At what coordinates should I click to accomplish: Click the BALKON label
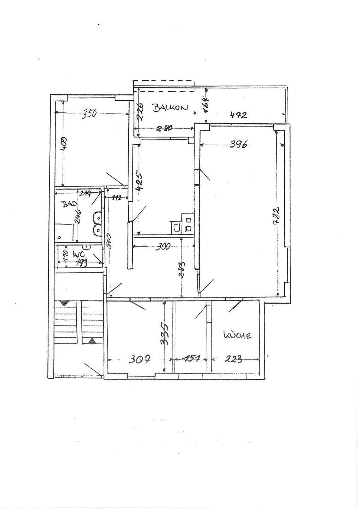point(170,107)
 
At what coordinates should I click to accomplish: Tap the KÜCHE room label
point(237,335)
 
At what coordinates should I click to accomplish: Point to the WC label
point(78,254)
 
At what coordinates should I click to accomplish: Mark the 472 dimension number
point(238,115)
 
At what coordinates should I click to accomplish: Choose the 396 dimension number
point(239,144)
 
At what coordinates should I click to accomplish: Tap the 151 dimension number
point(191,359)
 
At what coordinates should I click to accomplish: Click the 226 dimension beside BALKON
point(140,111)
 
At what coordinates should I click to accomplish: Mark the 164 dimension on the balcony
point(207,105)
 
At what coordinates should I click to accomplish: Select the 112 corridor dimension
point(116,198)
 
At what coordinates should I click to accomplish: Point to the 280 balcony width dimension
point(164,129)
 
